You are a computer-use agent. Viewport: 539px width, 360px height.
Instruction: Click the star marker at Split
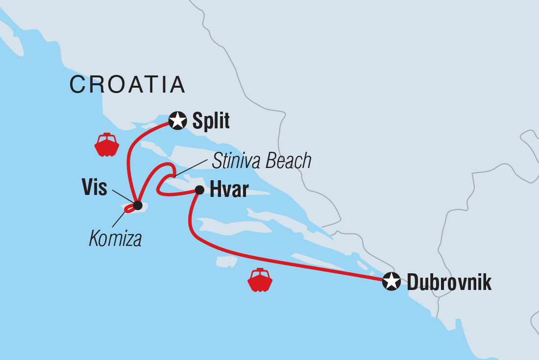coord(177,120)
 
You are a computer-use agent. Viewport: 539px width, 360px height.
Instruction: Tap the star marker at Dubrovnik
coord(391,282)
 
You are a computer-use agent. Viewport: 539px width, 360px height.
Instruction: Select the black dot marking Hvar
coord(199,190)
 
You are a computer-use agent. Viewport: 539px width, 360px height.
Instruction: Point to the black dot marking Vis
coord(138,205)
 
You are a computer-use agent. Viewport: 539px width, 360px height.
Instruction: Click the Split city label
coord(211,121)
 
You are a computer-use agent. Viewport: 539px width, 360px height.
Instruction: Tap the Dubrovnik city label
coord(449,283)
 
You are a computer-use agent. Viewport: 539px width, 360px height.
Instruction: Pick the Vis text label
coord(94,188)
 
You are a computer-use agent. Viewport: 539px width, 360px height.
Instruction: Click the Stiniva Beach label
coord(262,161)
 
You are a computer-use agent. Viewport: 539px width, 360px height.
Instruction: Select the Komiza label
coord(116,239)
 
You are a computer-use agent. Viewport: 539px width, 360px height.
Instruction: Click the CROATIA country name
coord(127,85)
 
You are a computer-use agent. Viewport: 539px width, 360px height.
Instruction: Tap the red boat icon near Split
coord(107,144)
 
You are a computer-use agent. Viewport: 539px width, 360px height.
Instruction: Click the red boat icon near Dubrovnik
coord(260,280)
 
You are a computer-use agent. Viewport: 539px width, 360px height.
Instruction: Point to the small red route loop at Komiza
coord(129,209)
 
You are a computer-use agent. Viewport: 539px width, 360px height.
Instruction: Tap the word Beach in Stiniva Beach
coord(289,161)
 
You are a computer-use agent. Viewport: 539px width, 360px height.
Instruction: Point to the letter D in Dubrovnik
coord(413,283)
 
